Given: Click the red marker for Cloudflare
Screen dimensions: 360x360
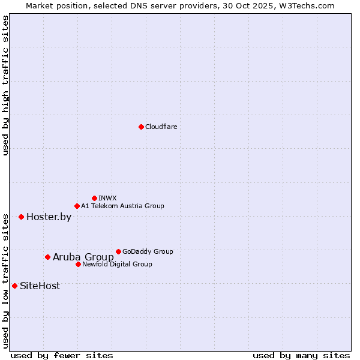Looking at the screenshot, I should click(x=141, y=127).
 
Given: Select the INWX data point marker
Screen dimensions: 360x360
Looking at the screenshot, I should click(x=94, y=198).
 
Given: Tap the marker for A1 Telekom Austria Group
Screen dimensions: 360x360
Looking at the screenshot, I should click(x=77, y=206).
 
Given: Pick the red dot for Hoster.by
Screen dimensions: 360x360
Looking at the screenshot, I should click(x=21, y=217).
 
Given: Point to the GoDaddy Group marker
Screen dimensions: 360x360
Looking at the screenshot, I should click(x=118, y=251).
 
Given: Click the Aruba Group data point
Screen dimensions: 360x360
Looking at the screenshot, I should click(x=47, y=257).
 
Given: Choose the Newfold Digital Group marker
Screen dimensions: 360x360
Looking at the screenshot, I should click(x=78, y=264).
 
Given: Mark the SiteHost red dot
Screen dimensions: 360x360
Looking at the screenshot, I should click(x=14, y=286).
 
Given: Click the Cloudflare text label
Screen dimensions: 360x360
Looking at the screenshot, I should click(x=161, y=127).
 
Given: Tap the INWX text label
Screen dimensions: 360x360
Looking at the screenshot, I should click(x=107, y=198).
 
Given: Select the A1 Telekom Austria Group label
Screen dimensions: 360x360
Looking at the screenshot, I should click(x=122, y=206).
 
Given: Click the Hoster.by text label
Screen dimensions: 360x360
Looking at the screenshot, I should click(x=49, y=217).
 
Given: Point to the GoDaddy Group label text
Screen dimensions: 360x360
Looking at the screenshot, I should click(x=148, y=251).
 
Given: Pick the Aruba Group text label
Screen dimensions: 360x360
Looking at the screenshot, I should click(x=83, y=257).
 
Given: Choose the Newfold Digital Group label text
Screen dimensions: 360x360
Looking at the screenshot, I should click(x=117, y=264).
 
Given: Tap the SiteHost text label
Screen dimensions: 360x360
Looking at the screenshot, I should click(x=40, y=286).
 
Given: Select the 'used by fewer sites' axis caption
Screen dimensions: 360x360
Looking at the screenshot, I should click(x=62, y=355).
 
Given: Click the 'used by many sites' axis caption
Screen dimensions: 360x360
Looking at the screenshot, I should click(x=301, y=355).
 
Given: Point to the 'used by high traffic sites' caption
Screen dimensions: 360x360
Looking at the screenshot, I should click(x=5, y=85).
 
